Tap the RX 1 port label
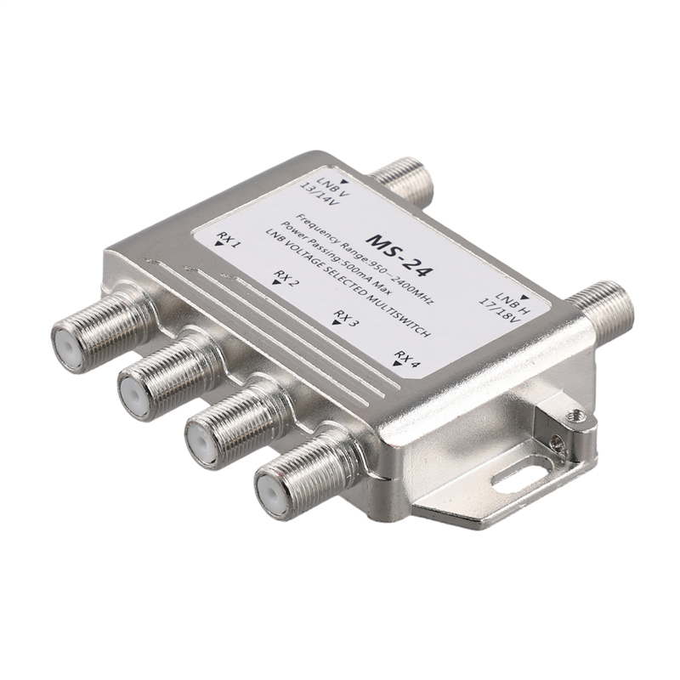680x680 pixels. pyautogui.click(x=228, y=242)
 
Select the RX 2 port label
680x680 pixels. pyautogui.click(x=286, y=279)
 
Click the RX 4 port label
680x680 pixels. pyautogui.click(x=407, y=357)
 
